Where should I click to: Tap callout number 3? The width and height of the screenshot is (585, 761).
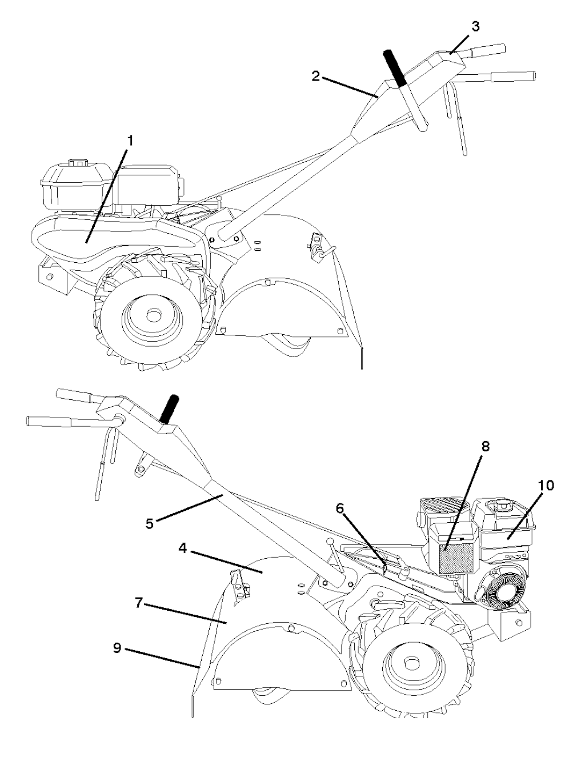click(x=476, y=27)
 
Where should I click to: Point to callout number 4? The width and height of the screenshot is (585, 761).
click(x=182, y=548)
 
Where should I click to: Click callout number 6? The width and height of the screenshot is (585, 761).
click(x=340, y=508)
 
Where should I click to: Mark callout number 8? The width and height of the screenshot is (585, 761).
click(x=485, y=447)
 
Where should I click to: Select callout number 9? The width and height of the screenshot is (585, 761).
click(x=117, y=648)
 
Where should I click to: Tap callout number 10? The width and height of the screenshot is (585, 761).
click(x=546, y=485)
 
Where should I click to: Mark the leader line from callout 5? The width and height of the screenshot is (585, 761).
click(x=187, y=508)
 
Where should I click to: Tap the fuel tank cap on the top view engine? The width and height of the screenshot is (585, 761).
click(x=77, y=163)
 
